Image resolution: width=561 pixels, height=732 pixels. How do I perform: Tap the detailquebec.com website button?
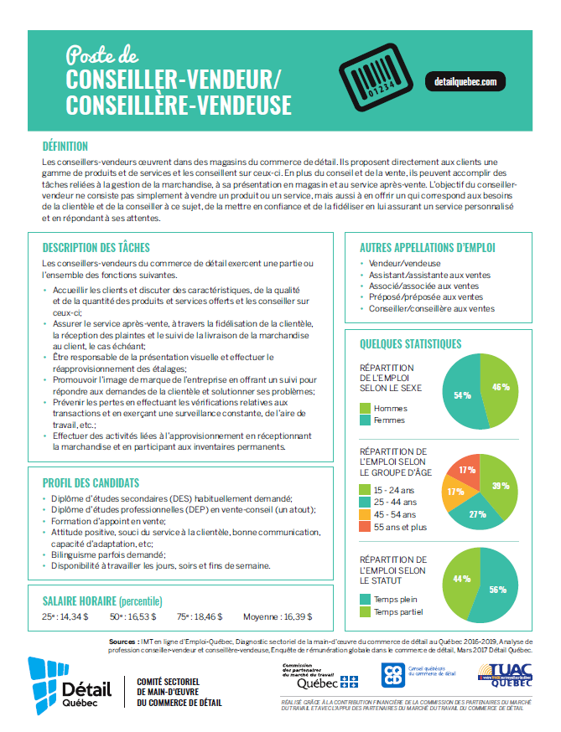coord(466,82)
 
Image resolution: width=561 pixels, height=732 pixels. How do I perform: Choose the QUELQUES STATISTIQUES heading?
coord(410,343)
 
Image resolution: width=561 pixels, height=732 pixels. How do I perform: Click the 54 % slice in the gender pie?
coord(459,394)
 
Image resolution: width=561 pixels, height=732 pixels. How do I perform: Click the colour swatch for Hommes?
coord(365,408)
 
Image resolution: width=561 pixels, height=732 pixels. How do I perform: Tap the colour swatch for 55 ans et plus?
coord(365,526)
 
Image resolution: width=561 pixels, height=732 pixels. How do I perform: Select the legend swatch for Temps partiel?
coord(365,611)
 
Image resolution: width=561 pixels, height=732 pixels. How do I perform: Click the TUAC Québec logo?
coord(501,675)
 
